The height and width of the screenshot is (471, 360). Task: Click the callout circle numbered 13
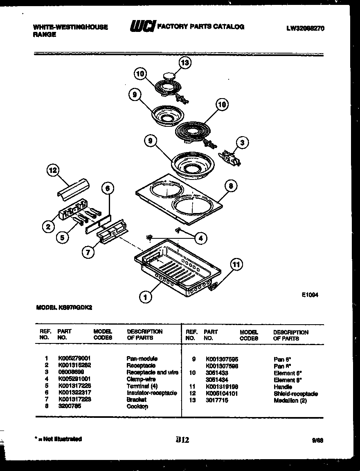[x=185, y=63]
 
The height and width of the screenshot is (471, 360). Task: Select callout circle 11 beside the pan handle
[x=235, y=264]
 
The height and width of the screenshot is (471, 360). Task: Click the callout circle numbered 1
[x=144, y=297]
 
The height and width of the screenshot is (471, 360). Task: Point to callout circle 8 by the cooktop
[x=231, y=186]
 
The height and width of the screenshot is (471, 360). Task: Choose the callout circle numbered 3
[x=243, y=143]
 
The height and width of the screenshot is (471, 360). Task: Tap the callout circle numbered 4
[x=200, y=238]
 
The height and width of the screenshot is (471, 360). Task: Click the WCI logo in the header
[x=142, y=27]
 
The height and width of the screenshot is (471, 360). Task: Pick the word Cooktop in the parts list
[x=137, y=406]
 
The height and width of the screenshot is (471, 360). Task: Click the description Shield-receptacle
[x=295, y=393]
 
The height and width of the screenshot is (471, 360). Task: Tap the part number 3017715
[x=217, y=400]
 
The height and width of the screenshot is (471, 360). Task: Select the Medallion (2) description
[x=290, y=400]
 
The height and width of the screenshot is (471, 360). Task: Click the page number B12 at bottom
[x=182, y=440]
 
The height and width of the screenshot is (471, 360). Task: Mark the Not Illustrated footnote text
[x=59, y=439]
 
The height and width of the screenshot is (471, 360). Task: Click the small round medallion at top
[x=169, y=75]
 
